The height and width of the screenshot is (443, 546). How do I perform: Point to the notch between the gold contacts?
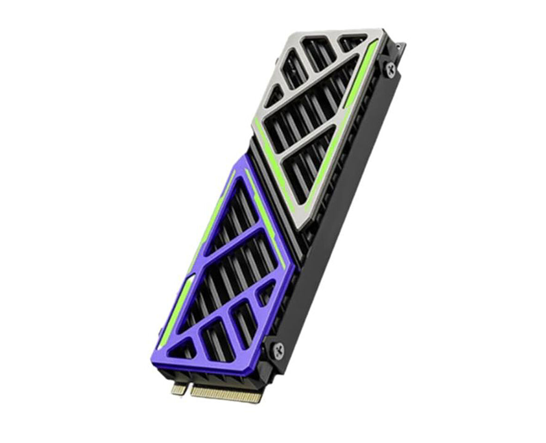point(189,388)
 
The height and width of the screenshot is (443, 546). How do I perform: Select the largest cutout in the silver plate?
point(311,106)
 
